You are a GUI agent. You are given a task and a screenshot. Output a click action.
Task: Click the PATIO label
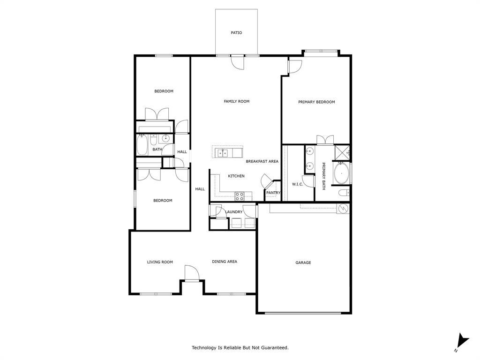tap(236, 33)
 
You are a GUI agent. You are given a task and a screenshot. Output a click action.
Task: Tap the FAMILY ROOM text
tap(236, 101)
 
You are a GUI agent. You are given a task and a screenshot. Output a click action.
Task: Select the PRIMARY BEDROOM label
tap(316, 102)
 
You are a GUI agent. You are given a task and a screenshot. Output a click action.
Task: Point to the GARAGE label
tap(303, 262)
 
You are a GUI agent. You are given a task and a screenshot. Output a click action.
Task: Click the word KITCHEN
tap(236, 176)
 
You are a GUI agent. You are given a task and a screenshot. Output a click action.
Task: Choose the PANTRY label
tap(273, 193)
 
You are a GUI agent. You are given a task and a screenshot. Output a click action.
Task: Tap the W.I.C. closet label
tap(298, 184)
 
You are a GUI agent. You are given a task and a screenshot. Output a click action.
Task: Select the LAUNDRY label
tap(233, 212)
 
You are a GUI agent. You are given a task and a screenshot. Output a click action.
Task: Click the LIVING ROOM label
tap(160, 262)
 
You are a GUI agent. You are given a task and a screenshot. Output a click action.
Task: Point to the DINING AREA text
tap(225, 262)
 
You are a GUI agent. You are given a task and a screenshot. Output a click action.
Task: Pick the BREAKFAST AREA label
tap(262, 161)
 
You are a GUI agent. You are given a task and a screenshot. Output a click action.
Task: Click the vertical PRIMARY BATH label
tap(323, 176)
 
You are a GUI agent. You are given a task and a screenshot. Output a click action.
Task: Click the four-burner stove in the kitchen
tap(239, 195)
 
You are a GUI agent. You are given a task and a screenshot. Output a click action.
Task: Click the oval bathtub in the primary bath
tap(341, 174)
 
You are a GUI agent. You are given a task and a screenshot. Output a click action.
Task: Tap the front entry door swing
tap(191, 273)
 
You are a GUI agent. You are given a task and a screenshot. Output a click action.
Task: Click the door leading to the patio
tap(238, 62)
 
